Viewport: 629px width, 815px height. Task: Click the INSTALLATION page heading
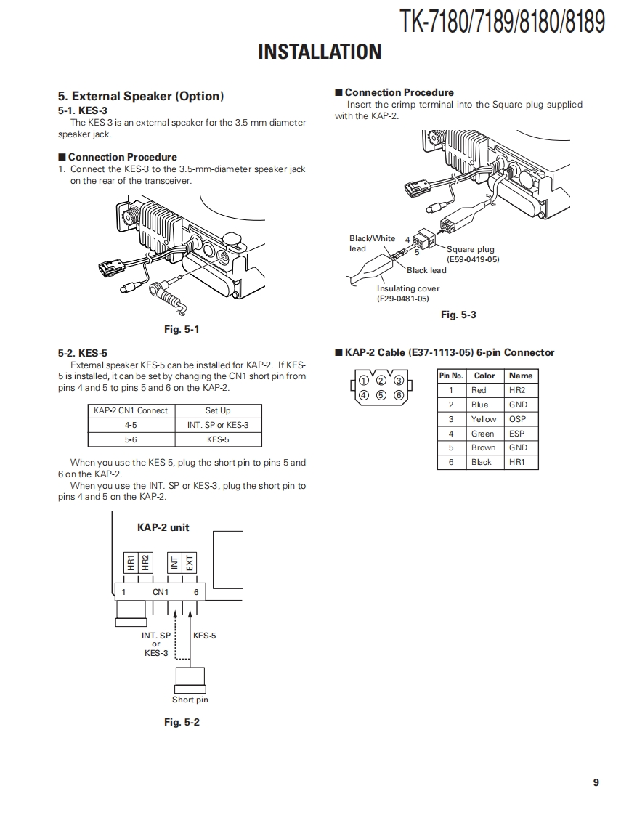coord(320,52)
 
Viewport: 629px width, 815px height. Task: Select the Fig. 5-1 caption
coord(182,329)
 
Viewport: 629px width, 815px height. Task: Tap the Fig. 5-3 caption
coord(458,315)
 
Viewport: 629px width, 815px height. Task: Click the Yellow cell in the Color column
coord(484,419)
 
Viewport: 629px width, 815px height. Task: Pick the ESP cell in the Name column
coord(517,434)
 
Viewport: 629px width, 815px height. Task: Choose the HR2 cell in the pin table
coord(517,390)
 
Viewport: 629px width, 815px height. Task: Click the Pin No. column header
coord(451,376)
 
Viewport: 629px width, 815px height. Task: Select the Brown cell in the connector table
coord(483,447)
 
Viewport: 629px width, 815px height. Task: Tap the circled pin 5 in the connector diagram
coord(381,395)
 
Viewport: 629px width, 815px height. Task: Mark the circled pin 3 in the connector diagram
coord(398,380)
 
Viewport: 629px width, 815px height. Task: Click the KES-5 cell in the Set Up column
coord(218,439)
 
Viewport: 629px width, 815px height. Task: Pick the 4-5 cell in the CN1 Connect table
coord(131,425)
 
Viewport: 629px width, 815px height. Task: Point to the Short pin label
coord(190,700)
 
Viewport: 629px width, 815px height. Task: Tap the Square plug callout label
coord(471,249)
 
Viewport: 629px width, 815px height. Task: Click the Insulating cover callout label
coord(408,288)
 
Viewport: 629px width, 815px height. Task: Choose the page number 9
coord(596,782)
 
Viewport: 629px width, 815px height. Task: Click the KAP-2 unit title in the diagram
coord(163,527)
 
